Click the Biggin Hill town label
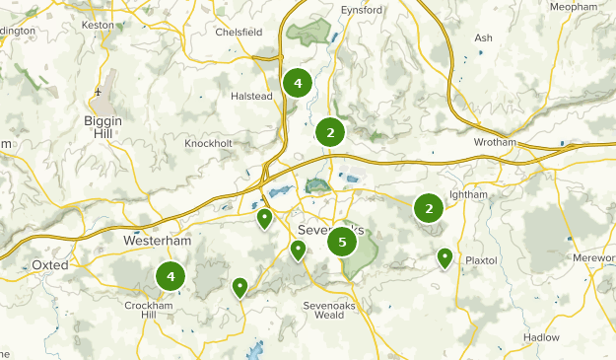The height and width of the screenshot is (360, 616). [103, 127]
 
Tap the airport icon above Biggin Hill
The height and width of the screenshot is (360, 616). [99, 92]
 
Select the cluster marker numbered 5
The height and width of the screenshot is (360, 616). [342, 242]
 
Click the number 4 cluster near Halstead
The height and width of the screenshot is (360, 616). [297, 83]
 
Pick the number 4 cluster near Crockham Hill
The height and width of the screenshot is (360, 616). [171, 277]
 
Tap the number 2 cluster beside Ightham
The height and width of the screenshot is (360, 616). [428, 208]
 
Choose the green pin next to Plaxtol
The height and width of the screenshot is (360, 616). [445, 258]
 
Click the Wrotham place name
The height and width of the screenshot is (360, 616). [495, 143]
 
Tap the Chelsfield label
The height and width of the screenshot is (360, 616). [240, 32]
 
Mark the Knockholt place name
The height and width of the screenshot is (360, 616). [208, 143]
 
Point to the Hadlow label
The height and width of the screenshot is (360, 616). [542, 337]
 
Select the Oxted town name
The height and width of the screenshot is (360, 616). [49, 266]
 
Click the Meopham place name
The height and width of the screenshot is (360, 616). [574, 6]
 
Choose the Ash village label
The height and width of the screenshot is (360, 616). [483, 38]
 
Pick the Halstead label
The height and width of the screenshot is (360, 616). [250, 97]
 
